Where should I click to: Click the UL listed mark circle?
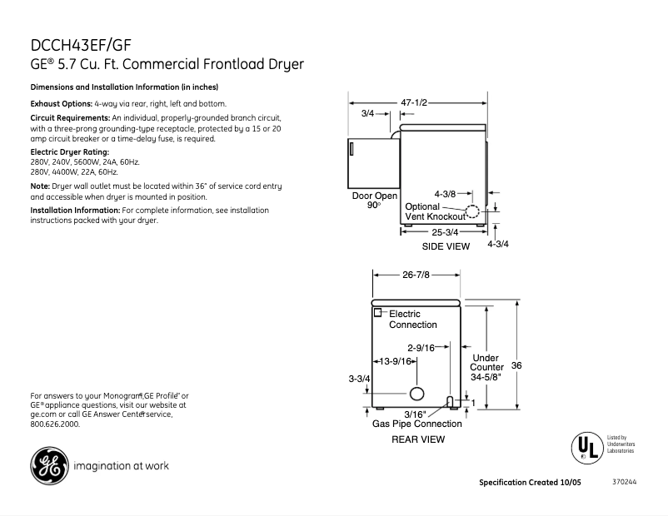tap(586, 447)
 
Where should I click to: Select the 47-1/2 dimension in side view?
tap(414, 102)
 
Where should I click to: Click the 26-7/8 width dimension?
tap(416, 274)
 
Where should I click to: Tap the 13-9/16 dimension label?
tap(396, 361)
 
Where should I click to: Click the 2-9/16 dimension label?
tap(422, 348)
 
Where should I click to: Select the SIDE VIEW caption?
tap(446, 246)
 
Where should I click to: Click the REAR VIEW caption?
tap(418, 439)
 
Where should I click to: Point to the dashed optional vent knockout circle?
tap(472, 211)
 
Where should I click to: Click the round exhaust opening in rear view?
tap(416, 394)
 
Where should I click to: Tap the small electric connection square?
tap(377, 312)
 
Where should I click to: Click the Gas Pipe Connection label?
tap(416, 424)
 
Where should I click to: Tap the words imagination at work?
tap(122, 466)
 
